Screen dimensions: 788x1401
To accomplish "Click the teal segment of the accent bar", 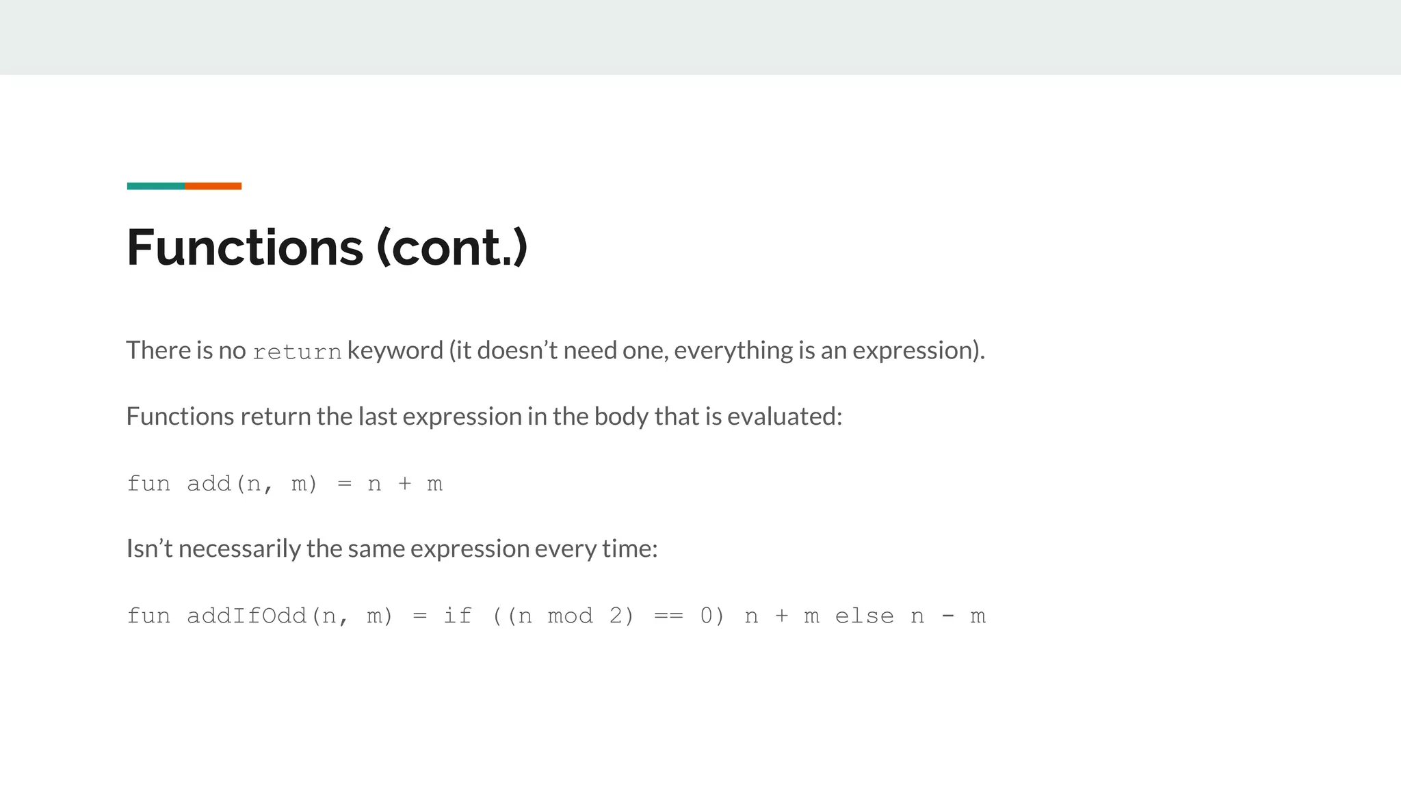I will coord(156,186).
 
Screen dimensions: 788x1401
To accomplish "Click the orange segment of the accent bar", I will coord(213,186).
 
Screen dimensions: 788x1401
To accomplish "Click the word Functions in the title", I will coord(245,247).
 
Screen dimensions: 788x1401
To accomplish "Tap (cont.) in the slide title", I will coord(452,247).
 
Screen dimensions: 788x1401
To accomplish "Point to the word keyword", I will coord(395,350).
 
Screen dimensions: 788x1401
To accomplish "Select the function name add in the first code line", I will coord(209,484).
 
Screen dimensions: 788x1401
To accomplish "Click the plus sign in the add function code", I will coord(405,484).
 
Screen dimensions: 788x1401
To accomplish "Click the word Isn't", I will coord(149,548).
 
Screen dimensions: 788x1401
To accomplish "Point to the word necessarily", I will coord(239,548).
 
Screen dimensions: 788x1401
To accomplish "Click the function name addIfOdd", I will coord(246,616).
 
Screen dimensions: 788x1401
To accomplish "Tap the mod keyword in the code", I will coord(570,616).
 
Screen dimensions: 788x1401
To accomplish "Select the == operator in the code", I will coord(668,616).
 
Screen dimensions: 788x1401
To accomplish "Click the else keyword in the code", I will coord(864,616).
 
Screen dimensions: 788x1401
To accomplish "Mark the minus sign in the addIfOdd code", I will coord(947,616).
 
